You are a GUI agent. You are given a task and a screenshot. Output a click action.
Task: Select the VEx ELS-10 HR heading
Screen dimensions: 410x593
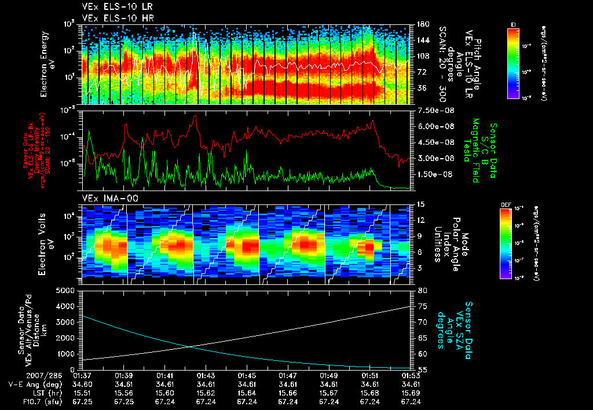click(x=112, y=18)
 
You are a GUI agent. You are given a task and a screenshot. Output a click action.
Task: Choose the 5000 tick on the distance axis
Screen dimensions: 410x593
click(x=70, y=290)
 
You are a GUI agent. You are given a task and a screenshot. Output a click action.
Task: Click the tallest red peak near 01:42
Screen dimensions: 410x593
click(x=196, y=116)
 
